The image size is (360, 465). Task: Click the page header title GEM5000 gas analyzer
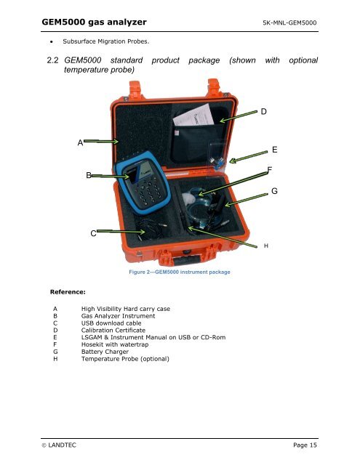coord(94,23)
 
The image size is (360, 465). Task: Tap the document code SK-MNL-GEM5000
coord(289,23)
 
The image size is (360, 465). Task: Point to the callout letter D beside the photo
coord(263,111)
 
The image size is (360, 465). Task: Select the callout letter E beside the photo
coord(274,150)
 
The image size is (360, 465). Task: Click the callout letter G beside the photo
coord(274,191)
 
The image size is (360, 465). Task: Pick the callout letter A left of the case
coord(80,142)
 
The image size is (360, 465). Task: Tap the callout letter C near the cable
coord(93,233)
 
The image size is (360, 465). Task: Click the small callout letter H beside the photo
coord(266,246)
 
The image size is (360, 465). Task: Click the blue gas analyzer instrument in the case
coord(143,182)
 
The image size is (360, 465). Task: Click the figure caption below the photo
coord(180,272)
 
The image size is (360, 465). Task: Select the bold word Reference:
coord(68,292)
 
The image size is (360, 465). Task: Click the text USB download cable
coord(111,323)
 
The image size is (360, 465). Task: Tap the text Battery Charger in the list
coord(105,352)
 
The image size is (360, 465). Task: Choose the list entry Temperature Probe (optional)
coord(125,359)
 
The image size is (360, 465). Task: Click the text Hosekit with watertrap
coord(115,344)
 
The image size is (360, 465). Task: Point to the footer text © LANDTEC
coord(59,445)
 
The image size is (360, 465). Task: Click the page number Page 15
coord(305,445)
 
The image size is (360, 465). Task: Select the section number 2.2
coord(52,60)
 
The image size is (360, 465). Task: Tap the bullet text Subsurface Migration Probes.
coord(106,41)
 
